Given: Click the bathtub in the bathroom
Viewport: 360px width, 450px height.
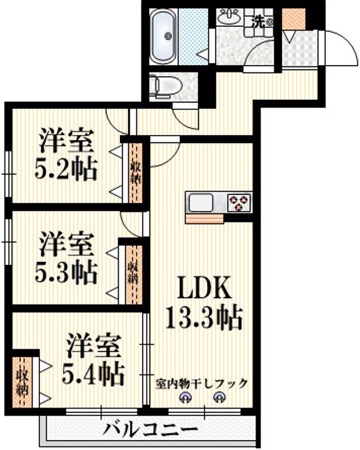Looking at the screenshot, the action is click(x=162, y=36).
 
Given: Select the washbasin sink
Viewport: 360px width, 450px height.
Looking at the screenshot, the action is click(x=229, y=17).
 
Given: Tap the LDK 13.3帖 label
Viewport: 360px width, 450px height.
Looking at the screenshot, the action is click(x=204, y=302).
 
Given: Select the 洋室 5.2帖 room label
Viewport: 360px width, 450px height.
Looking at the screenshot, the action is click(x=66, y=154).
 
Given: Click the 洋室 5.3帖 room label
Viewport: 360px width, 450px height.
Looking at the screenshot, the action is click(x=66, y=257).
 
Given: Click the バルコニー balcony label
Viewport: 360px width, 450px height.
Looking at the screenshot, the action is click(x=151, y=429).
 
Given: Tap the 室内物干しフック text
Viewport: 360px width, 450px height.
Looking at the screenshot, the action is click(x=201, y=383).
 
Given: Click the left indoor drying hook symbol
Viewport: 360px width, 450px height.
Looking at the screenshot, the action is click(x=184, y=397).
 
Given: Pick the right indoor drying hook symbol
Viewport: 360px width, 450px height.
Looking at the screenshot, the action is click(x=219, y=397).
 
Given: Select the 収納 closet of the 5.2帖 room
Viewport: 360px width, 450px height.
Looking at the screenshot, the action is click(x=136, y=172).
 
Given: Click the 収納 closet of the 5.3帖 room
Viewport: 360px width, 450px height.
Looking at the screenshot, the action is click(x=134, y=275).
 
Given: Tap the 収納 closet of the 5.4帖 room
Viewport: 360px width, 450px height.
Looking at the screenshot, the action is click(x=22, y=382).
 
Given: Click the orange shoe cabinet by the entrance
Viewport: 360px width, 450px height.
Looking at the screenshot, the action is click(x=294, y=19).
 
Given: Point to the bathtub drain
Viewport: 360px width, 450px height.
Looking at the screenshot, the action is click(x=167, y=36).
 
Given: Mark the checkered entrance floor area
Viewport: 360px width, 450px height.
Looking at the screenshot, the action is click(x=300, y=48).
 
